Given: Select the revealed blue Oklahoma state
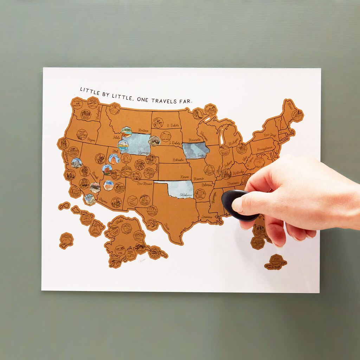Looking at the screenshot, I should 179,189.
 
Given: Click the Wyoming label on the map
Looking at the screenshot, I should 143,152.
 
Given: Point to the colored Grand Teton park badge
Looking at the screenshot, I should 123,145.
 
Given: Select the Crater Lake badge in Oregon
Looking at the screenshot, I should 82,134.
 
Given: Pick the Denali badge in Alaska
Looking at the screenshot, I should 139,235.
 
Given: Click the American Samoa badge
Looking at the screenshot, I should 66,240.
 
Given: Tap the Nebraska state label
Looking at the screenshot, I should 179,160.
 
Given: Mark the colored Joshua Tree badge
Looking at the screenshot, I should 90,199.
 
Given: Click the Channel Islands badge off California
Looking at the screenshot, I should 75,192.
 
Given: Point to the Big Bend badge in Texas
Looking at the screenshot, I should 152,224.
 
